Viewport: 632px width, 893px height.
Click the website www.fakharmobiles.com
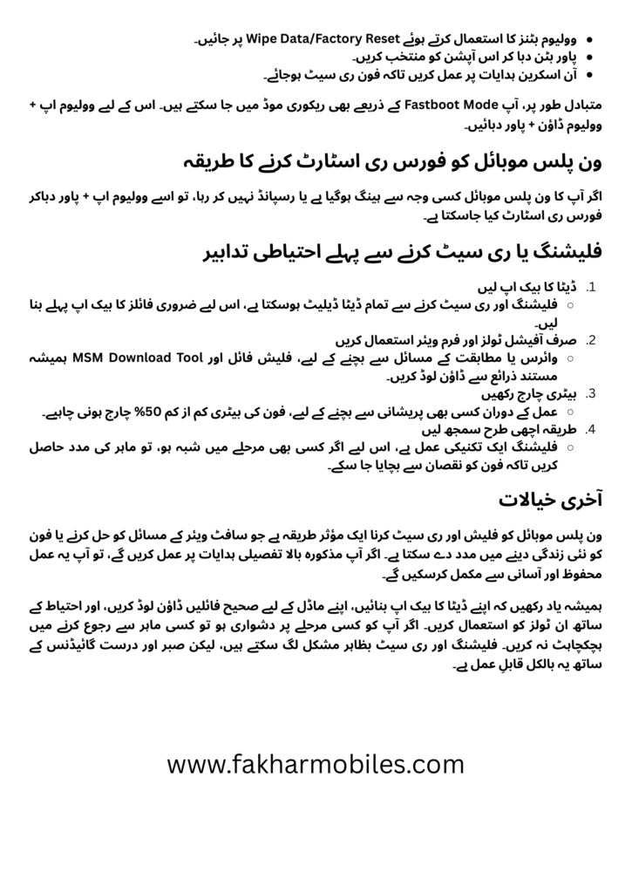click(316, 765)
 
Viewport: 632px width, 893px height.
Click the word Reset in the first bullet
click(380, 39)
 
